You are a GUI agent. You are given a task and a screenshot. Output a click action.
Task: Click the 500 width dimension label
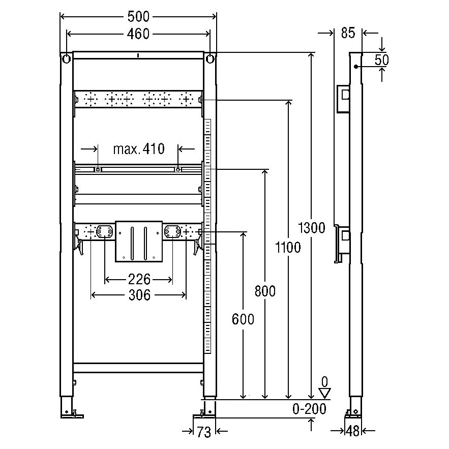point(139,16)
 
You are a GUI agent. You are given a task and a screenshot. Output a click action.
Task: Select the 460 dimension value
point(139,34)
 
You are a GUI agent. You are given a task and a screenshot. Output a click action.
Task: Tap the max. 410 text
point(138,149)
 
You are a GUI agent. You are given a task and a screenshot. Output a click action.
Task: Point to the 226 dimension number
point(138,279)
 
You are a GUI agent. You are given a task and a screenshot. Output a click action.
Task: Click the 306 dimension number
point(138,294)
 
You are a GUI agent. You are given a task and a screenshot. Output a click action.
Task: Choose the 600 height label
point(243,319)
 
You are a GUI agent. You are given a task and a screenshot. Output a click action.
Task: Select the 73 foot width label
point(203,432)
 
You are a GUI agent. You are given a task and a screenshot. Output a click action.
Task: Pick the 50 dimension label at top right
point(381,59)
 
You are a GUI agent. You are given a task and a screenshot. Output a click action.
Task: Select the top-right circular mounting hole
point(210,59)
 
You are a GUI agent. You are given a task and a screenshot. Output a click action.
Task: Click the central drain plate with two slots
point(139,241)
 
